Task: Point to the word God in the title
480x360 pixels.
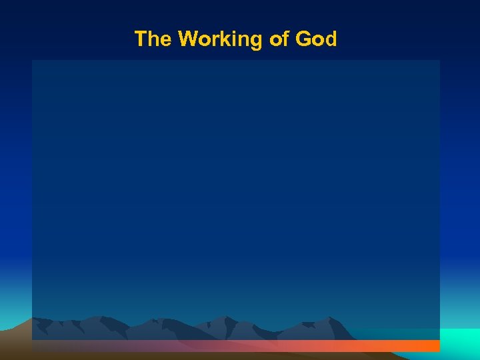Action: click(x=316, y=39)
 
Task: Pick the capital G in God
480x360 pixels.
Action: click(x=303, y=39)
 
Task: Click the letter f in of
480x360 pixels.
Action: click(x=286, y=39)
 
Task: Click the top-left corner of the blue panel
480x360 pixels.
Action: click(x=32, y=61)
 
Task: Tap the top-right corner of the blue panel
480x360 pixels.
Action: click(x=439, y=61)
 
